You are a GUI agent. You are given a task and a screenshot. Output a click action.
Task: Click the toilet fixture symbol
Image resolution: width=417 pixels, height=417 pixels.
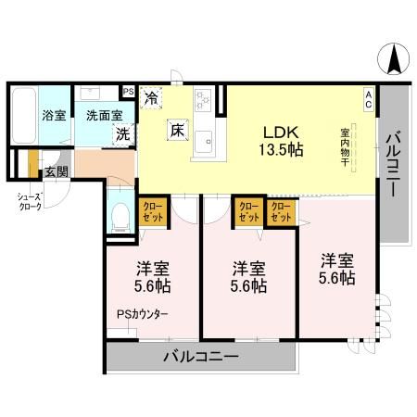pyautogui.click(x=119, y=216)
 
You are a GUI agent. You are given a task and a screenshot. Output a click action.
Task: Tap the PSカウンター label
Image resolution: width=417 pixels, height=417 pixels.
pyautogui.click(x=142, y=314)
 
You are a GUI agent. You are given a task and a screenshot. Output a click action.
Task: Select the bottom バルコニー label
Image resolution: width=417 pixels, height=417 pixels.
pyautogui.click(x=202, y=357)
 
